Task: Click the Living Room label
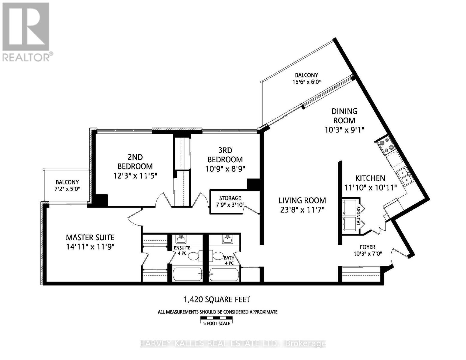(302, 200)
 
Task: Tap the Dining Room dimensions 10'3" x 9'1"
(344, 130)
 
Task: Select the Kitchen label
(370, 178)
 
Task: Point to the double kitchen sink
(403, 177)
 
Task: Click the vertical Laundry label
(358, 215)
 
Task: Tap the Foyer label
(367, 247)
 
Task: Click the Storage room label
(230, 198)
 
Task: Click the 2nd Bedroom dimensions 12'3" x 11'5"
(135, 175)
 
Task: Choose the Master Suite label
(90, 238)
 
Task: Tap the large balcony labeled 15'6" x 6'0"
(306, 79)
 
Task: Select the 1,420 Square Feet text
(217, 299)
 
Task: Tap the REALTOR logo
(26, 31)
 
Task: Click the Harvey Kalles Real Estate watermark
(233, 343)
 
